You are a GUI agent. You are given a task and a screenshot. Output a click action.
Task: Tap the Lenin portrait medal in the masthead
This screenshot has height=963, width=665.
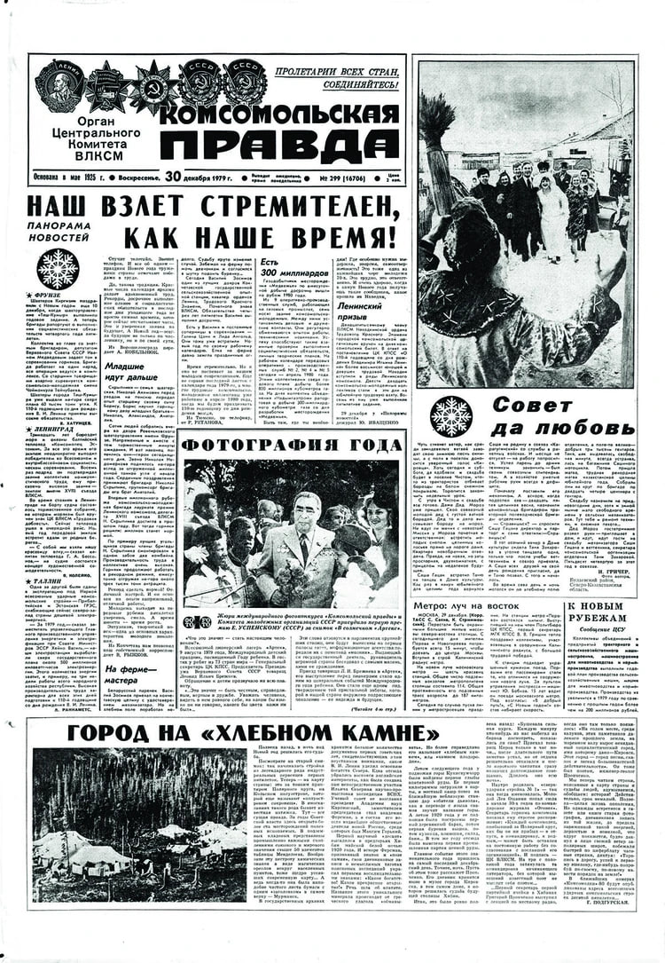point(58,85)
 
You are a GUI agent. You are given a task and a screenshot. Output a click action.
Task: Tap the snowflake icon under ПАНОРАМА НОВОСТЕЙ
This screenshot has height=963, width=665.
point(58,267)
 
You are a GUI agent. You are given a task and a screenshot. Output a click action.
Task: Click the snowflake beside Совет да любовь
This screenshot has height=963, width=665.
point(451,414)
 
